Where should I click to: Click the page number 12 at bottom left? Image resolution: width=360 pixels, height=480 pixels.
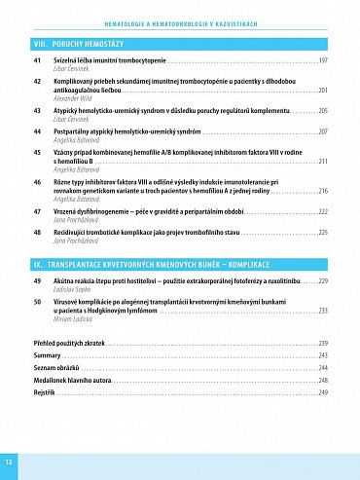(x=9, y=460)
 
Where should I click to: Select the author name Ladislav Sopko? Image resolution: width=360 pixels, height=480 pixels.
(x=77, y=289)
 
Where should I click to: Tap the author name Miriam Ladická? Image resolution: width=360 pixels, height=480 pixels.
(x=79, y=318)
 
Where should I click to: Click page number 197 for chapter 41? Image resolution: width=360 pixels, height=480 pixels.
(x=322, y=60)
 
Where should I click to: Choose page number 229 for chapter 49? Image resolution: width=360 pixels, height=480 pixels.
(x=322, y=281)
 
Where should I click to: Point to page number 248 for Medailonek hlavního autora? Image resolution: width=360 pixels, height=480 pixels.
(x=322, y=380)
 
